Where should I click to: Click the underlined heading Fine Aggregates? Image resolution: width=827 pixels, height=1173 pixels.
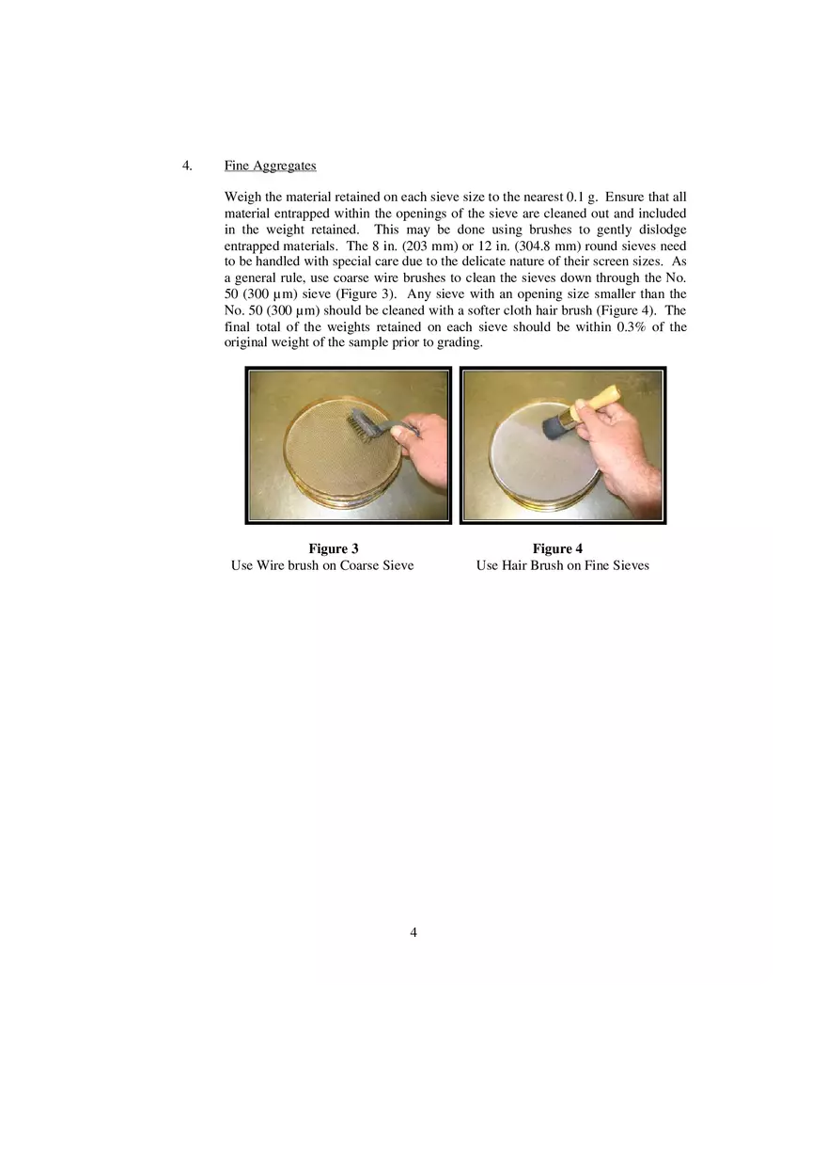coord(270,166)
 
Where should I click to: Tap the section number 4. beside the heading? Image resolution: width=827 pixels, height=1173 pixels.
coord(187,166)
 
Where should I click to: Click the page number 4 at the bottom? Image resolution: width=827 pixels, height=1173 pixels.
coord(413,932)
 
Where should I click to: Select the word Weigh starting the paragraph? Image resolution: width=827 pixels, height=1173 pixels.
coord(242,198)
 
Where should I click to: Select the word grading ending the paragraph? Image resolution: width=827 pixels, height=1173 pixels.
coord(460,343)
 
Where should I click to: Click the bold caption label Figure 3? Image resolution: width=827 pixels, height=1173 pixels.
coord(334,549)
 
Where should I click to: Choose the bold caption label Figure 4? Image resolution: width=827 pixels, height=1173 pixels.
coord(557,549)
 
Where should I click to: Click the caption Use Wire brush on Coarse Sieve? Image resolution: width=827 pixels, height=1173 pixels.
coord(322,565)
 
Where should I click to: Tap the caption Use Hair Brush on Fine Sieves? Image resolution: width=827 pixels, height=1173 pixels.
coord(562,565)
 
